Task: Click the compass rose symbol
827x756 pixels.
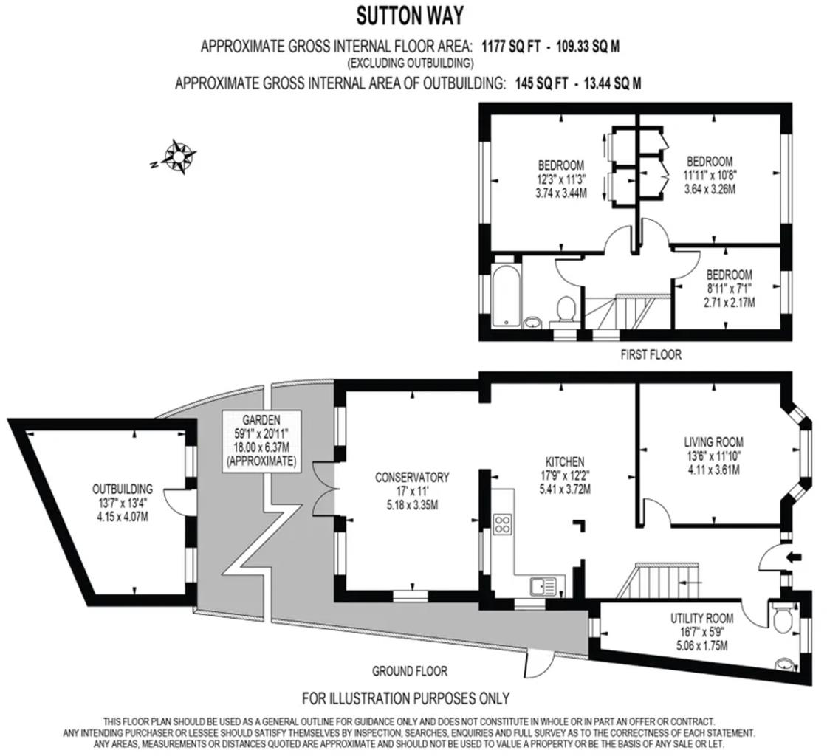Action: click(x=178, y=157)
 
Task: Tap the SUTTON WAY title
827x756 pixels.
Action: click(x=411, y=15)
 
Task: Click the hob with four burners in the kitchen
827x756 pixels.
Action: click(x=503, y=524)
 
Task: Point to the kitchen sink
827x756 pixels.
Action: click(x=543, y=588)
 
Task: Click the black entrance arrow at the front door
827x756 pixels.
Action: click(x=794, y=557)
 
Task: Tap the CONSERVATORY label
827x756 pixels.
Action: click(x=412, y=478)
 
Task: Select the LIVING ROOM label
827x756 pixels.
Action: click(x=713, y=442)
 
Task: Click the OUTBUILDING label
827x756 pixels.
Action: click(x=123, y=489)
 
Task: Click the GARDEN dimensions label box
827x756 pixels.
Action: click(x=261, y=441)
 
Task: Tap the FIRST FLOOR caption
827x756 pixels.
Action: click(x=650, y=354)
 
